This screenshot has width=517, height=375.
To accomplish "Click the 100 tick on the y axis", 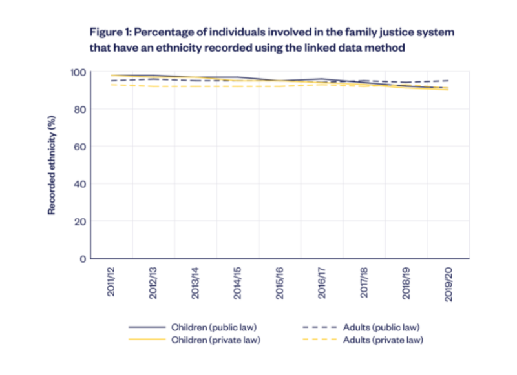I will pyautogui.click(x=78, y=72).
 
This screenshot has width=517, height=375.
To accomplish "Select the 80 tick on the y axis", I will pyautogui.click(x=80, y=110).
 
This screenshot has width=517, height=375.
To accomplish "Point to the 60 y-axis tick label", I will pyautogui.click(x=80, y=147).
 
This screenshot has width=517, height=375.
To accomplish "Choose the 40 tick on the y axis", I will pyautogui.click(x=80, y=184).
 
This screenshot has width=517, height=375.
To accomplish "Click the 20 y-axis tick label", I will pyautogui.click(x=80, y=221).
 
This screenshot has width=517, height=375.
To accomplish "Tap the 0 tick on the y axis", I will pyautogui.click(x=83, y=259).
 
